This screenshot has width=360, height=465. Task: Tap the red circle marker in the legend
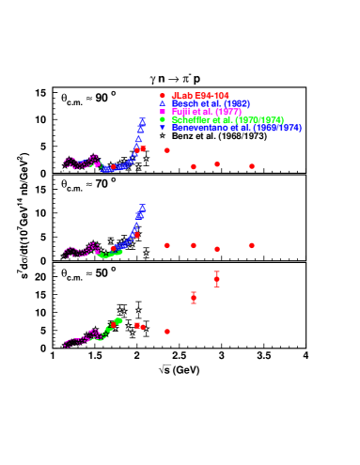[163, 95]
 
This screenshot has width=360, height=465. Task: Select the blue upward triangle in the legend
[163, 102]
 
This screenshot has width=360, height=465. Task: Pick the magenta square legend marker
[163, 111]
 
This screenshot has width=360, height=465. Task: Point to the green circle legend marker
[163, 119]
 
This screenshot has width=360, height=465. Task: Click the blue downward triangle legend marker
[163, 127]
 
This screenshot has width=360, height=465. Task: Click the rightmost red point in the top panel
[252, 166]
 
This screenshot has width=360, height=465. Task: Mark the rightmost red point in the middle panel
[252, 245]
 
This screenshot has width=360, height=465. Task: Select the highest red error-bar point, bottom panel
[217, 279]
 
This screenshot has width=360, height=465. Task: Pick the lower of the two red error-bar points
[194, 298]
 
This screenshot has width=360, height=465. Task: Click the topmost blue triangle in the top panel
[142, 120]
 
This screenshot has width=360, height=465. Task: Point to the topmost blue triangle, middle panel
[142, 207]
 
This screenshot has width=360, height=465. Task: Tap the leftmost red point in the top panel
[113, 167]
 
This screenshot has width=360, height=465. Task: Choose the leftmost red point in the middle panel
[113, 250]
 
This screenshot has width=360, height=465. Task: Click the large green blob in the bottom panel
[118, 321]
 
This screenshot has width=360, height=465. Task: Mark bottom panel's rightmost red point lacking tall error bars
[167, 332]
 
